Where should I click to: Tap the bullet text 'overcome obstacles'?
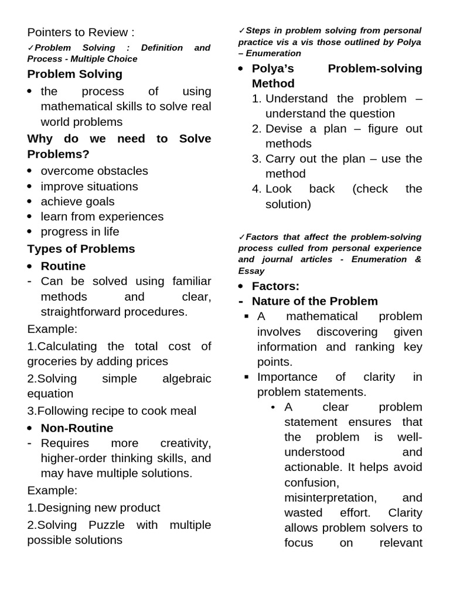pyautogui.click(x=94, y=171)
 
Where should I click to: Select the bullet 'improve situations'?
pyautogui.click(x=89, y=186)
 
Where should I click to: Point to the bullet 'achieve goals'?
pyautogui.click(x=77, y=201)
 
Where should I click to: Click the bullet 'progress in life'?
pyautogui.click(x=80, y=232)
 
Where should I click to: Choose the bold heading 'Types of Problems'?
pyautogui.click(x=81, y=249)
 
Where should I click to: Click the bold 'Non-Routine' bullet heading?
pyautogui.click(x=77, y=428)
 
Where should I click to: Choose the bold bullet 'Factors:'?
pyautogui.click(x=275, y=286)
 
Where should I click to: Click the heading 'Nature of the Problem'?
pyautogui.click(x=315, y=301)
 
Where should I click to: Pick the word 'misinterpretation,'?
pyautogui.click(x=330, y=497)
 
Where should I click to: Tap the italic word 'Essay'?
pyautogui.click(x=251, y=271)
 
